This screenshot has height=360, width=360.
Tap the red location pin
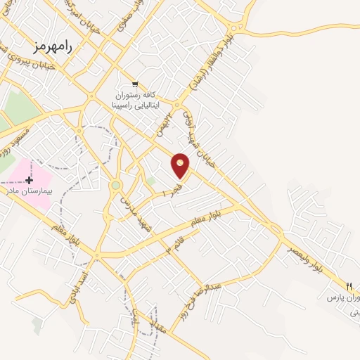181,165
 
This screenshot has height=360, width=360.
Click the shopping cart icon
134,84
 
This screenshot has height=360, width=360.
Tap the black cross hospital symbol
29,180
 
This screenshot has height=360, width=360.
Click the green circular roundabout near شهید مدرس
115,186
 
